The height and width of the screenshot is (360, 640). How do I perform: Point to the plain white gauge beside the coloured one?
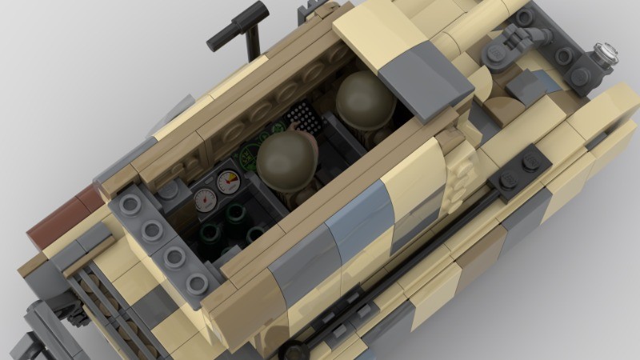click(x=203, y=198)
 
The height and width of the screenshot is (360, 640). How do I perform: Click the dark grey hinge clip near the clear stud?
click(x=512, y=40)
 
